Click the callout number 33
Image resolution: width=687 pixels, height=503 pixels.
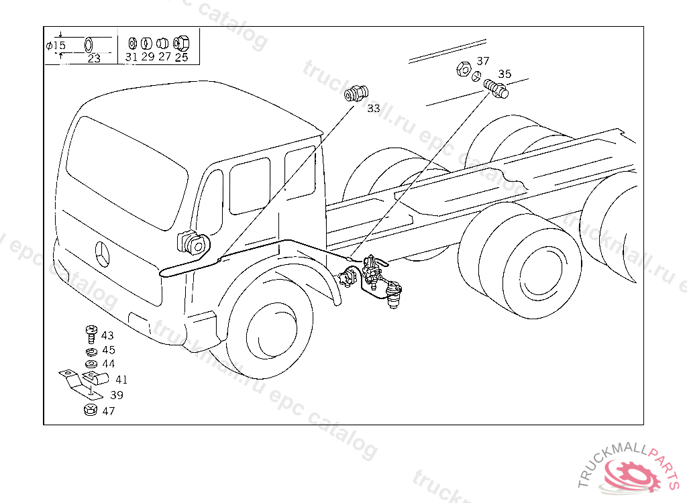(x=374, y=108)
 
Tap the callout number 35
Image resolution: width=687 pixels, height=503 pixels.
(x=505, y=74)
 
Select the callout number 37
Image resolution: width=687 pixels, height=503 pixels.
(x=483, y=61)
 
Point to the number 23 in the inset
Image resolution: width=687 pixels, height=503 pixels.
(x=94, y=58)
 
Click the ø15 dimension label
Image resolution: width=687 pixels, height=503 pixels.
(x=56, y=46)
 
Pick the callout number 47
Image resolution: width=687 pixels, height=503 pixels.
(x=108, y=411)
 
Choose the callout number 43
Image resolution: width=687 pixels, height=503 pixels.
(x=107, y=336)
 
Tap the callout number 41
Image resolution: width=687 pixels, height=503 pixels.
(x=121, y=380)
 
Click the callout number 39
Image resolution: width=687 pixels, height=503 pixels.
(x=117, y=395)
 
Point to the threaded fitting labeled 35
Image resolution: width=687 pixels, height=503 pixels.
(x=496, y=88)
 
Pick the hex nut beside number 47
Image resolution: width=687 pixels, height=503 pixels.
(x=90, y=410)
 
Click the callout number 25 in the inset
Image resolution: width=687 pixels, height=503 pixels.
(x=181, y=58)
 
